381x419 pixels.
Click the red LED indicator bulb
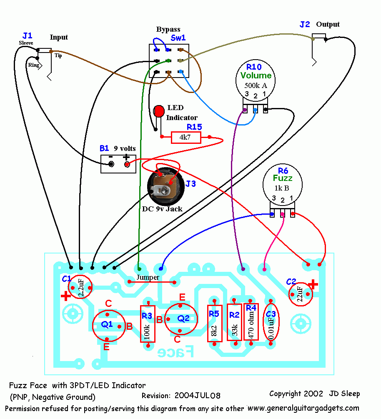click(159, 111)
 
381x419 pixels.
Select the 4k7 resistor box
click(186, 137)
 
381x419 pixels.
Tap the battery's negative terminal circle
click(111, 164)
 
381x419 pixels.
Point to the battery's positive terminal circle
click(127, 164)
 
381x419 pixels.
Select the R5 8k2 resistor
click(214, 322)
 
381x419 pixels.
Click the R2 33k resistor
click(235, 321)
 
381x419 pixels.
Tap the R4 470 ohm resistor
click(251, 321)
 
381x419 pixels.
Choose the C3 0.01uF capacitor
click(271, 322)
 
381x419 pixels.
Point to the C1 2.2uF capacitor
click(80, 287)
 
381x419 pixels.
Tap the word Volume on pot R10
click(256, 75)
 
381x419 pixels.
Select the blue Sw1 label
click(178, 38)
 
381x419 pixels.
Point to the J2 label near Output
click(305, 24)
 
